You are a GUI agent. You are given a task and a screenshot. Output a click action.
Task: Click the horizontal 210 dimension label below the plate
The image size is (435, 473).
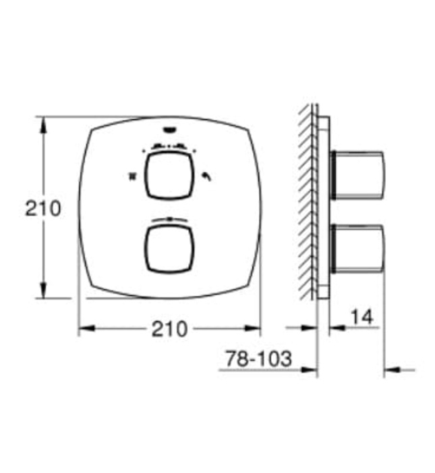click(x=169, y=329)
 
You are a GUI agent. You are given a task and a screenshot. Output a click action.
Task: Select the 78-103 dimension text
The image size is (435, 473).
click(x=258, y=359)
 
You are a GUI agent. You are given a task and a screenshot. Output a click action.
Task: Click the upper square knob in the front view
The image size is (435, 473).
click(x=169, y=176)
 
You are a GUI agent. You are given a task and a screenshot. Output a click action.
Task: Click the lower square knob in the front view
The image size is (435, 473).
click(x=169, y=250)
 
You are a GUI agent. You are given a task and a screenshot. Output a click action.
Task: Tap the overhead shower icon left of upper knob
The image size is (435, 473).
click(x=131, y=177)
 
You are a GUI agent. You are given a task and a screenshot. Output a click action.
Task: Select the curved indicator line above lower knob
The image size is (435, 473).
click(x=169, y=218)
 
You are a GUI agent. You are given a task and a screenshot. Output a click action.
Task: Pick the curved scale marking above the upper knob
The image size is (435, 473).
click(x=169, y=145)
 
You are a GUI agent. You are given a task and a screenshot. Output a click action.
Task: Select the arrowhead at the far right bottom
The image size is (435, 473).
click(x=390, y=370)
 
